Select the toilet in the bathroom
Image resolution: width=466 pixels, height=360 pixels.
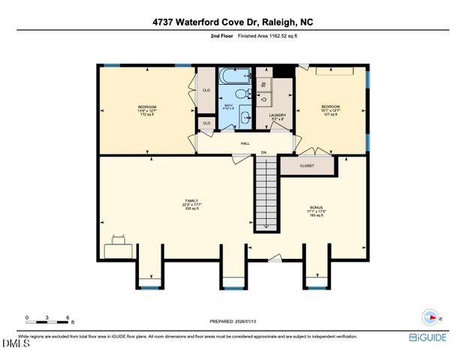point(241,94)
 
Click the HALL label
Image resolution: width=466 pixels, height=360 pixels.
point(245,142)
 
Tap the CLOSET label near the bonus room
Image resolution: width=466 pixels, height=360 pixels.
point(306,166)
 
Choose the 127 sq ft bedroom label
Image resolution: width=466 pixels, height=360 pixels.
point(330,110)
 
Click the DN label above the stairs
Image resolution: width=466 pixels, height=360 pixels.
point(263,153)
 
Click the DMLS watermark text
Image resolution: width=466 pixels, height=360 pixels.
point(16,344)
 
